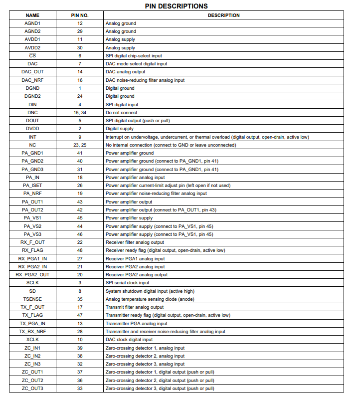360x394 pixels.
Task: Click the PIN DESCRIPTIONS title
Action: click(x=177, y=6)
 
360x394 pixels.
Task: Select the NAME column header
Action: click(x=32, y=15)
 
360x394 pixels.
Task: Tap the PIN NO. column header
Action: click(x=80, y=15)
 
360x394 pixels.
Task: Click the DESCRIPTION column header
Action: click(x=223, y=15)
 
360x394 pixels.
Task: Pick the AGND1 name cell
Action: click(x=32, y=23)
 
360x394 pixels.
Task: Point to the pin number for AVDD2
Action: click(x=80, y=48)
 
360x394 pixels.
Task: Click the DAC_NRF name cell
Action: click(x=32, y=80)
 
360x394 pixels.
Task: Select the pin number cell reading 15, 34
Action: click(x=80, y=113)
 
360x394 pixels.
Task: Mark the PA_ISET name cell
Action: click(x=32, y=186)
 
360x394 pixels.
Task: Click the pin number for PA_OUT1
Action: click(x=80, y=202)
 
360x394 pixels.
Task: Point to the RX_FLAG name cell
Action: click(x=32, y=250)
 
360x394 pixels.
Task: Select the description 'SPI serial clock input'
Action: click(x=127, y=283)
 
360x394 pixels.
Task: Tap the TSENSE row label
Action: click(x=32, y=299)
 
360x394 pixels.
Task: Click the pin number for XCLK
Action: click(x=80, y=340)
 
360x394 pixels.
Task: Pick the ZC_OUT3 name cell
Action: click(x=32, y=389)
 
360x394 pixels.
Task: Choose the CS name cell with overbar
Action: click(x=32, y=56)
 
